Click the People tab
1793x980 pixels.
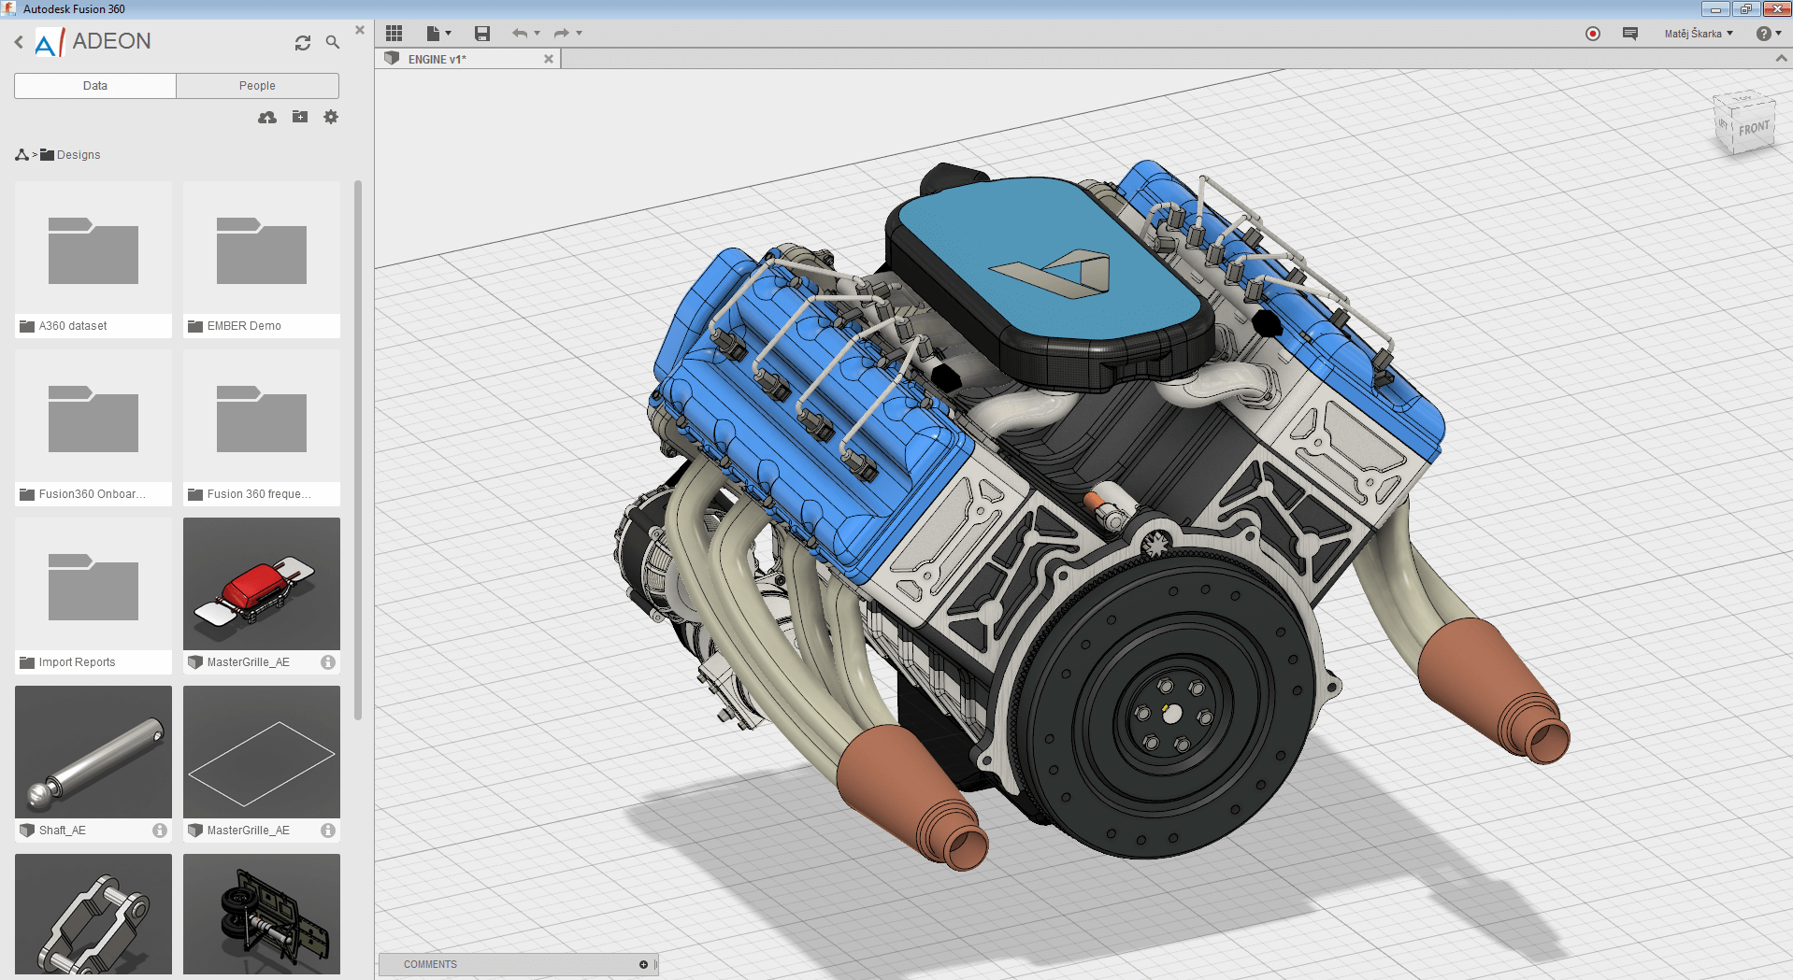257,86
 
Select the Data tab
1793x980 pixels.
95,86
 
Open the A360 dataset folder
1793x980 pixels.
93,259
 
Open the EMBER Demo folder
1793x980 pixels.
262,259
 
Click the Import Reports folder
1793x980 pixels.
93,595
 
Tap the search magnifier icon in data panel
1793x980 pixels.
332,42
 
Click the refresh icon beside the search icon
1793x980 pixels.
303,43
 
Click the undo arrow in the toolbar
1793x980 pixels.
520,34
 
